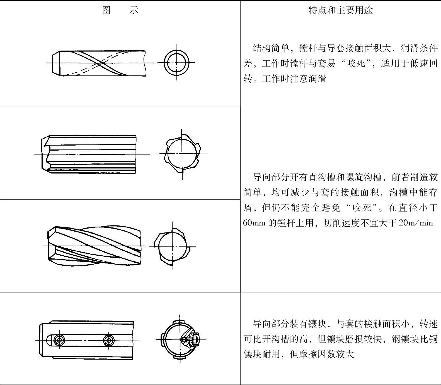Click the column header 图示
coord(120,10)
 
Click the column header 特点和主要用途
coord(340,10)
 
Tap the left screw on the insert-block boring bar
coord(59,340)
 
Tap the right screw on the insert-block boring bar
coord(108,340)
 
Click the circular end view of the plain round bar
coord(176,63)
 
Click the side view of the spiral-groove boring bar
coord(94,246)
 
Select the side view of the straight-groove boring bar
coord(89,154)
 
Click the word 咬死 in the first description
coord(356,64)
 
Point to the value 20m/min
coord(416,223)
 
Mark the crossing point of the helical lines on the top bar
coord(100,63)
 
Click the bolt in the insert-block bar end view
coord(191,339)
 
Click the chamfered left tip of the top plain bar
coord(56,63)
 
